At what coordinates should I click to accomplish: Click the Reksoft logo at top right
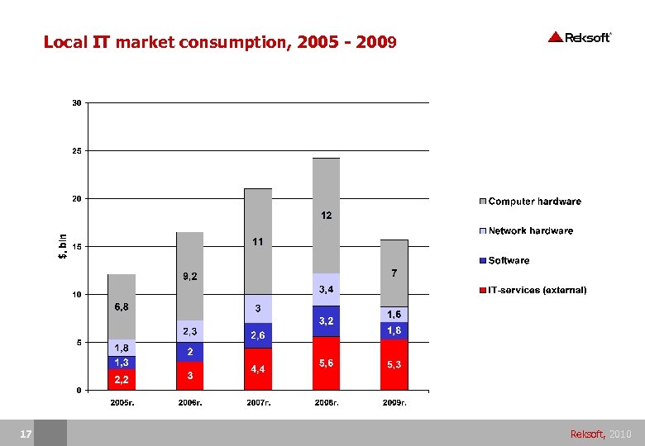[579, 37]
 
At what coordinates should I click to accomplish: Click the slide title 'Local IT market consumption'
[220, 41]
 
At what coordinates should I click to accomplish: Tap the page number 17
[26, 434]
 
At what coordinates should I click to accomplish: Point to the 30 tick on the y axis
[76, 103]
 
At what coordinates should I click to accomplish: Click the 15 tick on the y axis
[76, 247]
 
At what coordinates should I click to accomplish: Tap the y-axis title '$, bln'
[62, 246]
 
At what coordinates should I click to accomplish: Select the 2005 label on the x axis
[122, 403]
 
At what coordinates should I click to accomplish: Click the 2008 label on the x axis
[326, 403]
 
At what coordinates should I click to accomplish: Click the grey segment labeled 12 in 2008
[326, 215]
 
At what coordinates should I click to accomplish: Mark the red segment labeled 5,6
[326, 363]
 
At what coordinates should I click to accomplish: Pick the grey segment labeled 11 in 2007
[258, 241]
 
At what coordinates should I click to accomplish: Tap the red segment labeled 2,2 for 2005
[122, 379]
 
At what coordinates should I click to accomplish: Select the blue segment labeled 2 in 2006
[189, 352]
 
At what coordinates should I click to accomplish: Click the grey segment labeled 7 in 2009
[394, 273]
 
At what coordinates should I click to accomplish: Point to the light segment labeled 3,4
[326, 289]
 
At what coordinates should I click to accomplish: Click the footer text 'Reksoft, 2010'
[600, 434]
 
